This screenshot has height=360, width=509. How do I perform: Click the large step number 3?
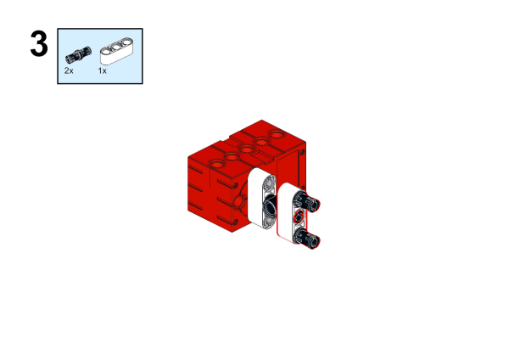pyautogui.click(x=39, y=44)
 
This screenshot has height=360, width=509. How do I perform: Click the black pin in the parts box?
pyautogui.click(x=78, y=54)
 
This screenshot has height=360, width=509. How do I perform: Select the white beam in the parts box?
pyautogui.click(x=116, y=51)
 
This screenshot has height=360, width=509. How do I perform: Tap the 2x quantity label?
pyautogui.click(x=69, y=70)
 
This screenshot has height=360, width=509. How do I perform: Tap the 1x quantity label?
pyautogui.click(x=103, y=70)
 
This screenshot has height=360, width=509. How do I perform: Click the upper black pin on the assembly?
pyautogui.click(x=306, y=200)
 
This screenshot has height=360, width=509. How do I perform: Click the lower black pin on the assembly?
pyautogui.click(x=306, y=238)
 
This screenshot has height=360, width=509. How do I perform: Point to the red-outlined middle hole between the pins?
pyautogui.click(x=299, y=216)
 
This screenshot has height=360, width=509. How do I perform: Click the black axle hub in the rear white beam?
pyautogui.click(x=270, y=206)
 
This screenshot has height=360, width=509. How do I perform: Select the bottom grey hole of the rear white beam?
pyautogui.click(x=269, y=222)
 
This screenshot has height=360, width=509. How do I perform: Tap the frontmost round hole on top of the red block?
pyautogui.click(x=216, y=163)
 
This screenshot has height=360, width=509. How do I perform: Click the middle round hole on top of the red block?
pyautogui.click(x=246, y=149)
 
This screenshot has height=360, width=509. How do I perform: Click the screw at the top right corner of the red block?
pyautogui.click(x=303, y=152)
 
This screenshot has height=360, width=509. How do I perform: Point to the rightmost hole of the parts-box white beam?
pyautogui.click(x=125, y=42)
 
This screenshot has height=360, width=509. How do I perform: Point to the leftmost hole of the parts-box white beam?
pyautogui.click(x=107, y=51)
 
